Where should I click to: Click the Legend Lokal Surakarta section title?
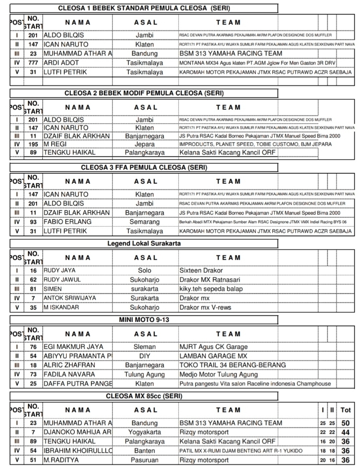coord(144,243)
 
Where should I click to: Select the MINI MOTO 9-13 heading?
coord(144,320)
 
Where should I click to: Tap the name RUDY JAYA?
coord(59,271)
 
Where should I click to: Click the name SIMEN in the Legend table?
coord(53,288)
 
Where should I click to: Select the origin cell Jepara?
coord(145,144)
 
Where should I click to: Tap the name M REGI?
coord(56,144)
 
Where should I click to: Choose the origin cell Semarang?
coord(145,222)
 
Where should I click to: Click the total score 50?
coord(346,423)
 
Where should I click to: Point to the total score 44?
coord(346,432)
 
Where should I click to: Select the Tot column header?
coord(346,410)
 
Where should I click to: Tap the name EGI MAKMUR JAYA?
coord(73,347)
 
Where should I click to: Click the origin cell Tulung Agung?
coord(145,374)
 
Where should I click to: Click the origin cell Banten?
coord(145,451)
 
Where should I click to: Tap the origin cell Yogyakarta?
coord(145,432)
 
